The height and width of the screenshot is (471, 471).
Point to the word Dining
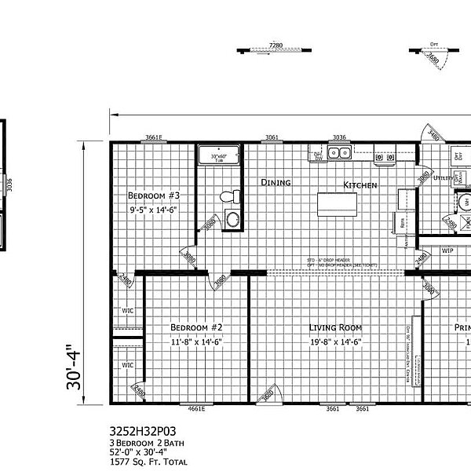point(276,182)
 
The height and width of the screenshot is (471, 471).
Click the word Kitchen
point(360,185)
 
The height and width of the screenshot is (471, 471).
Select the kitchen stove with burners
point(384,157)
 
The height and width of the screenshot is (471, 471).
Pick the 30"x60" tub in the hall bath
point(219,155)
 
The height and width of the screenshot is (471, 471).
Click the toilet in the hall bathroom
point(227,196)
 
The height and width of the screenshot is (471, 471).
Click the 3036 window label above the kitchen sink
point(339,138)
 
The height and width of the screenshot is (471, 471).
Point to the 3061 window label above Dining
point(272,138)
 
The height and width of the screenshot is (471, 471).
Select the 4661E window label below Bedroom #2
point(195,408)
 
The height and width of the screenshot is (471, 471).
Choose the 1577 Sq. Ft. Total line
point(148,462)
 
